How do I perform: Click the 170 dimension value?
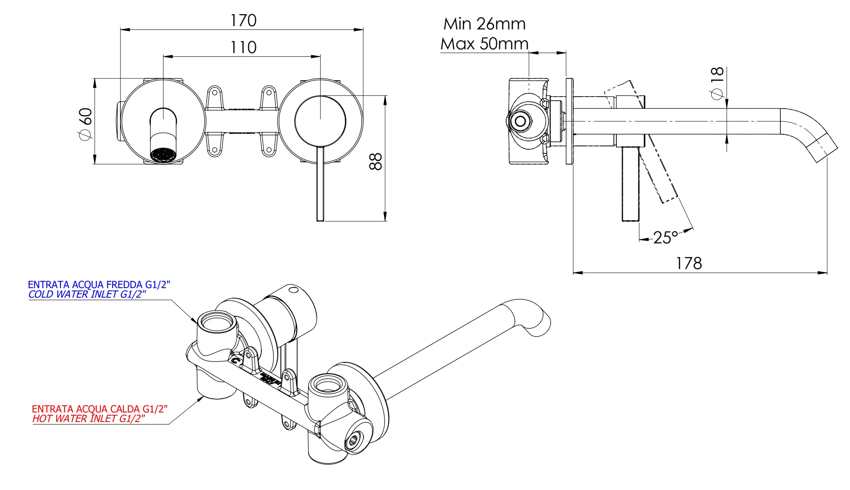(x=243, y=20)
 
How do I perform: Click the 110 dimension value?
(x=243, y=47)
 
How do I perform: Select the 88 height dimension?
(x=375, y=161)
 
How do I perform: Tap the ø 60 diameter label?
(x=85, y=124)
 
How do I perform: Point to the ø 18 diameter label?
(x=717, y=83)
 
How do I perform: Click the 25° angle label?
(x=665, y=238)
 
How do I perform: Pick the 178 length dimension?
(x=689, y=263)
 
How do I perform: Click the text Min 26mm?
(x=484, y=24)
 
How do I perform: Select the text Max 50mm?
(x=484, y=44)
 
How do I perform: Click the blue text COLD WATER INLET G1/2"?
(x=87, y=294)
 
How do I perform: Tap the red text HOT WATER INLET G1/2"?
(x=89, y=419)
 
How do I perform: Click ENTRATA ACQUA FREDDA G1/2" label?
(x=99, y=284)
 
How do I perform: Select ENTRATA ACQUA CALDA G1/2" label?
(x=99, y=409)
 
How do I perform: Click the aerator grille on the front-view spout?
(x=163, y=155)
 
